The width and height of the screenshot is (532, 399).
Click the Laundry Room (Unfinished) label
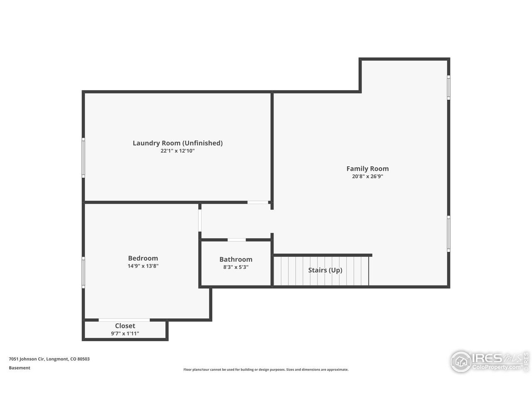tap(177, 143)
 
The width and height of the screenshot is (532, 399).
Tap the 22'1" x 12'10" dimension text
tap(177, 151)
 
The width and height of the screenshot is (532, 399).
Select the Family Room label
tap(367, 168)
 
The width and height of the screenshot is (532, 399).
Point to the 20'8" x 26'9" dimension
tap(367, 176)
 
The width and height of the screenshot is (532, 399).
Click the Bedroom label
tap(143, 258)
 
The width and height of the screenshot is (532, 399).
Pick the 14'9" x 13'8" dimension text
tap(143, 266)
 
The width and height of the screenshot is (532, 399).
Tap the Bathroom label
tap(236, 259)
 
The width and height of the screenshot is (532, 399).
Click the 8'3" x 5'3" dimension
tap(236, 267)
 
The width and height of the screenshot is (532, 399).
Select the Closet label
tap(125, 326)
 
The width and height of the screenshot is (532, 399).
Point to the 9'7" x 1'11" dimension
tap(125, 333)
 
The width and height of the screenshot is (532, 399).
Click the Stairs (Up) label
tap(325, 270)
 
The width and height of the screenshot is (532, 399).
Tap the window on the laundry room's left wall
tap(83, 158)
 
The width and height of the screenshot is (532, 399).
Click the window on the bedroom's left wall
tap(83, 272)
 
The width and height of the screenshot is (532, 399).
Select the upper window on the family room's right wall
tap(448, 87)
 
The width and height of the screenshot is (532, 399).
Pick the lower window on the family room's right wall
tap(448, 234)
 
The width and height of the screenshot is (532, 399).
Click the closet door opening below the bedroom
tap(124, 320)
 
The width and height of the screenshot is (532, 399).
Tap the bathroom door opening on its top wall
tap(236, 240)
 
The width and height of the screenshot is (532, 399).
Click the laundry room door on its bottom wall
tap(258, 202)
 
